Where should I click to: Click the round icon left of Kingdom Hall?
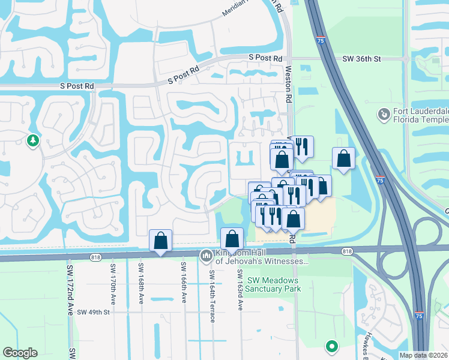coord(206,256)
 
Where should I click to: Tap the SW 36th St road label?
coord(362,59)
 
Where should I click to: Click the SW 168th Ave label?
coord(142,282)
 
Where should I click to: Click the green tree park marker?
coord(33,140)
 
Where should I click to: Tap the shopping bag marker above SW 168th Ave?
coord(160,241)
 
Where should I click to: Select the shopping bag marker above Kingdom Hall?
coord(232,239)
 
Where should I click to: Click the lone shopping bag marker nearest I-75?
coord(343,159)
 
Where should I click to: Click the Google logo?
coord(20,353)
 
